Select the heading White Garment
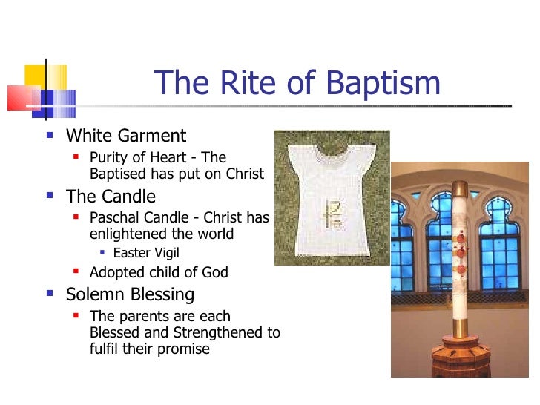[126, 136]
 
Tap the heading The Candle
[111, 197]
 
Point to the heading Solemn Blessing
[130, 294]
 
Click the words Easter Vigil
[146, 253]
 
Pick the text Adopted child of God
[159, 273]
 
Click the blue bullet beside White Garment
[50, 136]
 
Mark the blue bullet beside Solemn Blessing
[50, 294]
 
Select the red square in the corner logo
[21, 97]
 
